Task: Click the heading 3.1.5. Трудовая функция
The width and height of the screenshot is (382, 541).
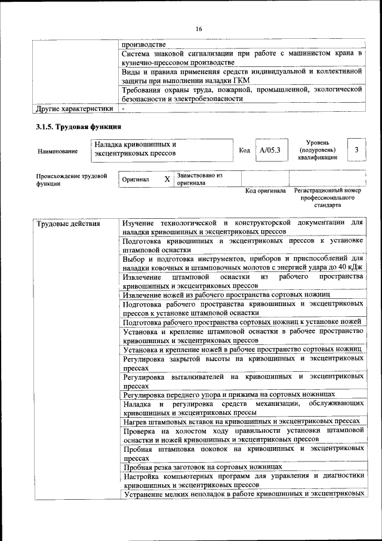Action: tap(79, 127)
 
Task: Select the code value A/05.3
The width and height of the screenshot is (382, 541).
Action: tap(270, 150)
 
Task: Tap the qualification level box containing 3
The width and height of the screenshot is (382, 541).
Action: tap(356, 150)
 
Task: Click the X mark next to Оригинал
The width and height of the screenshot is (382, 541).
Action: tap(167, 179)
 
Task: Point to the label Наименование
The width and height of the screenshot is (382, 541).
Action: tap(57, 152)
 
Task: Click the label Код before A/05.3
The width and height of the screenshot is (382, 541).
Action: tap(244, 150)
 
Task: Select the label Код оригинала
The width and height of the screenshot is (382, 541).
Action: tap(266, 191)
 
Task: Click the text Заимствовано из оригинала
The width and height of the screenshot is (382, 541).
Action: tap(199, 179)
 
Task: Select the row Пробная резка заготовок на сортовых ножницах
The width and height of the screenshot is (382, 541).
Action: tap(202, 467)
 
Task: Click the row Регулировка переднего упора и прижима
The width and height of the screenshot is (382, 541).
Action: tap(228, 394)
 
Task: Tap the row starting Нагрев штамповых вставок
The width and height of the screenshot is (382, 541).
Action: tap(241, 422)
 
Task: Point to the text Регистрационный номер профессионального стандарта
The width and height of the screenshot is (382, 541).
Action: tap(328, 198)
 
